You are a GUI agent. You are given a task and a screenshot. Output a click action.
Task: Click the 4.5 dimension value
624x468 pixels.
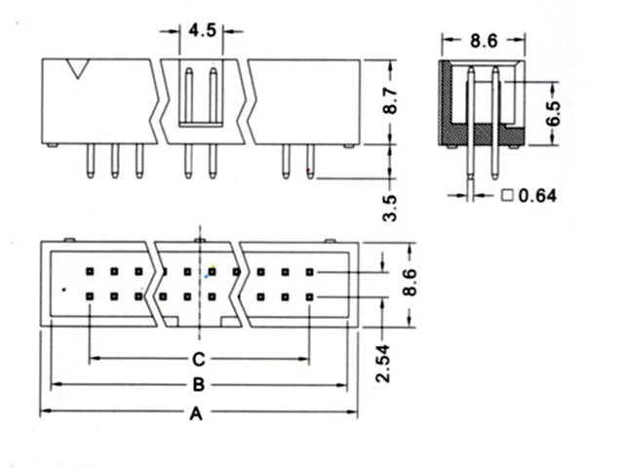[202, 30]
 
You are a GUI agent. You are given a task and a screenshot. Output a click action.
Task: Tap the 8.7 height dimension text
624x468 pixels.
[390, 101]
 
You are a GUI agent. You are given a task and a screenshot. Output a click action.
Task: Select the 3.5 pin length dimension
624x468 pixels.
[390, 208]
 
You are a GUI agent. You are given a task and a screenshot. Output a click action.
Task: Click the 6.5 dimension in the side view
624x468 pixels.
[553, 114]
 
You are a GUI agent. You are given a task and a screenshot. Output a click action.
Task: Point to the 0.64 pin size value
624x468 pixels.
[537, 195]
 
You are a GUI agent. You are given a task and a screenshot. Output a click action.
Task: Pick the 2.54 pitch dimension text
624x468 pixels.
[383, 364]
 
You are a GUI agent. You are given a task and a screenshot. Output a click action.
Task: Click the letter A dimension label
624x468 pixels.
[196, 413]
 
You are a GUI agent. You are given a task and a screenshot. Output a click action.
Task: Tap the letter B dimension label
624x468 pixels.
[199, 385]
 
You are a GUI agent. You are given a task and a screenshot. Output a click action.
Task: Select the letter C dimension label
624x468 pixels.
[199, 359]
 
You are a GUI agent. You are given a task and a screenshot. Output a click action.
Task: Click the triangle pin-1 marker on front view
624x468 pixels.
[78, 68]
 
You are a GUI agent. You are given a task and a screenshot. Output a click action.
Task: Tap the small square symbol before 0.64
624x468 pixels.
[507, 195]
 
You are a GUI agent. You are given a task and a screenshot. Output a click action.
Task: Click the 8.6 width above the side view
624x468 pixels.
[484, 41]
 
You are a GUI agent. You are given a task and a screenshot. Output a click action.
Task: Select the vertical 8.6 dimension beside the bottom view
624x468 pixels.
[409, 283]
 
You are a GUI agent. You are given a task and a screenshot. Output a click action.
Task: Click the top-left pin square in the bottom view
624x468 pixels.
[90, 272]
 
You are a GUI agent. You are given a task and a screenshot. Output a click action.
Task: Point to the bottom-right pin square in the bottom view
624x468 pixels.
[310, 296]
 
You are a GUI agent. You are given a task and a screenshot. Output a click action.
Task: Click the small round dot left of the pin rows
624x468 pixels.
[64, 290]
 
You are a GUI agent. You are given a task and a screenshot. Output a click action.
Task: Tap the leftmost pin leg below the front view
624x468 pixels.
[91, 161]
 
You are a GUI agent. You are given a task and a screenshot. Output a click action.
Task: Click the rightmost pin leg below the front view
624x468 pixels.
[310, 161]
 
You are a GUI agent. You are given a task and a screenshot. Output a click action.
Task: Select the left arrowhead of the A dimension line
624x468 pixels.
[46, 410]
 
